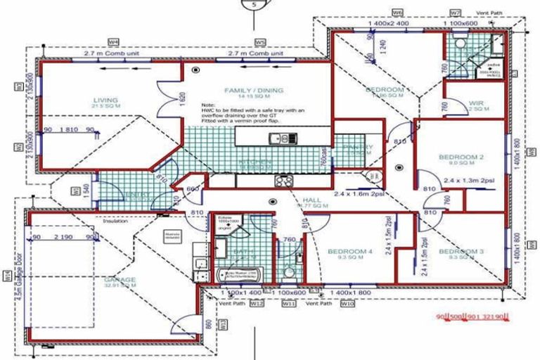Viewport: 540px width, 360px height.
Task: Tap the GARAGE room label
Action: pyautogui.click(x=120, y=281)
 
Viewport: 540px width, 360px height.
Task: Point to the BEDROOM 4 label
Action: pyautogui.click(x=349, y=252)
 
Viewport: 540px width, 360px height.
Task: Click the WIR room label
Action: pyautogui.click(x=477, y=104)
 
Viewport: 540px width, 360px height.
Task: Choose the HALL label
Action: pyautogui.click(x=311, y=200)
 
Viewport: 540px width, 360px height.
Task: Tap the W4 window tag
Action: pyautogui.click(x=112, y=42)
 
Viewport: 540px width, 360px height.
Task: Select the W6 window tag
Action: pyautogui.click(x=397, y=13)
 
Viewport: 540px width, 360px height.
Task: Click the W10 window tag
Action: pyautogui.click(x=347, y=304)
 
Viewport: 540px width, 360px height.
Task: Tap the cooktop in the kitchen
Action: pyautogui.click(x=284, y=180)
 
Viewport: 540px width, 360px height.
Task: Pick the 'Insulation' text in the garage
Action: pyautogui.click(x=116, y=221)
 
